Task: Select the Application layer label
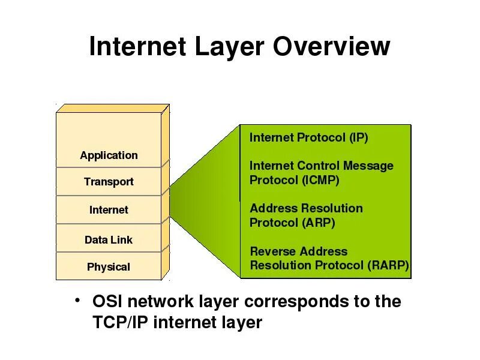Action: pyautogui.click(x=109, y=155)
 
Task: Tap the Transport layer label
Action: pyautogui.click(x=109, y=182)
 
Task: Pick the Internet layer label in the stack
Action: pyautogui.click(x=109, y=210)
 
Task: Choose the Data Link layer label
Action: pyautogui.click(x=109, y=240)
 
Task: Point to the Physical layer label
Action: pyautogui.click(x=109, y=267)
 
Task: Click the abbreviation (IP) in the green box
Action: pyautogui.click(x=358, y=137)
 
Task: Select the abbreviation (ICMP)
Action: pyautogui.click(x=320, y=180)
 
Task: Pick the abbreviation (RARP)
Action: pyautogui.click(x=388, y=265)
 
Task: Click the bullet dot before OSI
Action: pyautogui.click(x=77, y=299)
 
